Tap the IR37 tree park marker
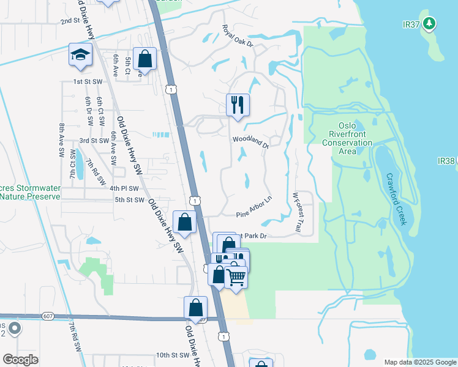click(x=430, y=23)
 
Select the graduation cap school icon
click(x=80, y=55)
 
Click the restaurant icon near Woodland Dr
click(x=237, y=104)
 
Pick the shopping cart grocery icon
click(x=236, y=277)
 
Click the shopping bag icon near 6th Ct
click(x=146, y=59)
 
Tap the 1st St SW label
click(x=86, y=81)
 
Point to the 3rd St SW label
click(x=94, y=140)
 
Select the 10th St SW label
click(x=172, y=355)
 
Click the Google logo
click(x=20, y=360)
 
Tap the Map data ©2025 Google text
click(x=419, y=362)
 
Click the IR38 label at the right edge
click(x=446, y=161)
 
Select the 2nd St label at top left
click(x=70, y=21)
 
